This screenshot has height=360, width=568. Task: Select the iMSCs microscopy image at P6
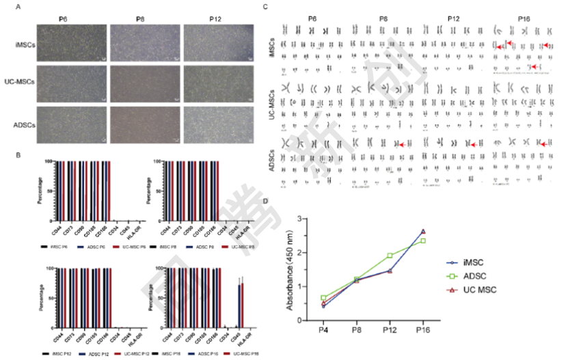(70, 44)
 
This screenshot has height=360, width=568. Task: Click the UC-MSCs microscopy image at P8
(144, 83)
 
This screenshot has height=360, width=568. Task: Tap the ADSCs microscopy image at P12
(218, 123)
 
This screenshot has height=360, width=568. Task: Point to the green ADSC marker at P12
(390, 255)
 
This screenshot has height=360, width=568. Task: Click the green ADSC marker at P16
(422, 240)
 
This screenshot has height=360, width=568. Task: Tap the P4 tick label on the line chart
(323, 331)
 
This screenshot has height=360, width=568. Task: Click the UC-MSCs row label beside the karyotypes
(271, 107)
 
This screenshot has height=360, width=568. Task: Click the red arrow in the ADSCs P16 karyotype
(543, 144)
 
